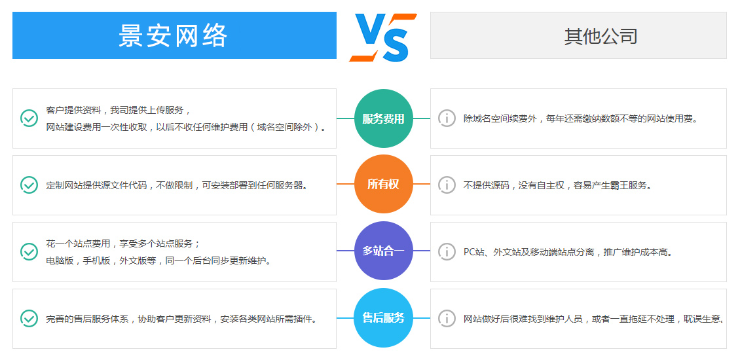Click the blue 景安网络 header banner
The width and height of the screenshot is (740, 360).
pos(174,35)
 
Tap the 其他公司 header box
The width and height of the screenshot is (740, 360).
pos(578,35)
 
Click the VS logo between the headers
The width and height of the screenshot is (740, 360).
pos(383,37)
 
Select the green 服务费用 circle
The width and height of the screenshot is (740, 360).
pos(383,118)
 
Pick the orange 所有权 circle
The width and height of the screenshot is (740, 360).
pos(383,184)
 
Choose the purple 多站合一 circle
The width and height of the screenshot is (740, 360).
pos(383,251)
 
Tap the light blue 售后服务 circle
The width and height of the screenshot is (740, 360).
pos(383,317)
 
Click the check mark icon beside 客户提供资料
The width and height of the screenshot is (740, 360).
pos(29,118)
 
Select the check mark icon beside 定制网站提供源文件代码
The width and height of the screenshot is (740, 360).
pos(29,185)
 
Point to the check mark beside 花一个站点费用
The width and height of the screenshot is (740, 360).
pos(29,251)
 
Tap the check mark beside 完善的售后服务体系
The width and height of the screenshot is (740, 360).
pos(29,319)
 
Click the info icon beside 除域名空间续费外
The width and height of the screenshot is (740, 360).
pos(447,118)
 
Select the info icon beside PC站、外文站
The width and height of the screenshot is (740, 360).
pos(447,251)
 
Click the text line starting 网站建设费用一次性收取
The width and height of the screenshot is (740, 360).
pos(187,127)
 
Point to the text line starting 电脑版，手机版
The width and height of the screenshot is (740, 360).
pos(159,261)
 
